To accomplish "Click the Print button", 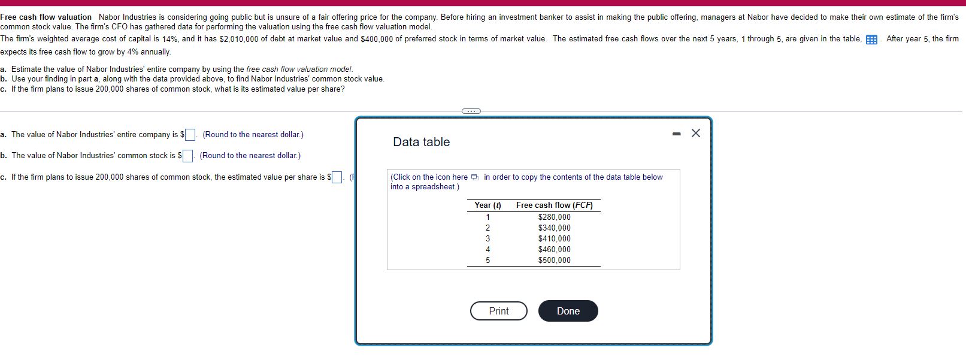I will (x=498, y=311).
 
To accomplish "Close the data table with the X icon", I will (x=695, y=134).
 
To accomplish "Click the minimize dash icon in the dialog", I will (x=676, y=134).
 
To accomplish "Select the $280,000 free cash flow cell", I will (x=554, y=217).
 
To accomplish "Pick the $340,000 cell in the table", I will (x=554, y=228).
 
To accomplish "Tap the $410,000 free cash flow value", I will (x=554, y=238).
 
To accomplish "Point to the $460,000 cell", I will (x=554, y=249).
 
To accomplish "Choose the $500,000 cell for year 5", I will (x=554, y=260).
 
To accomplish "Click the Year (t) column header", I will (x=487, y=205).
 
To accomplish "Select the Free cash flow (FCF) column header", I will (x=554, y=205).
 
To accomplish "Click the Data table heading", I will (x=421, y=142).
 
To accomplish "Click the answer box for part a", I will (x=190, y=135).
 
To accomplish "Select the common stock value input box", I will (x=188, y=156).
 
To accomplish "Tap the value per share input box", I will (x=337, y=177).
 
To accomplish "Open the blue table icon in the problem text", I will (x=871, y=40).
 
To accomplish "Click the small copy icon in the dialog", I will (x=475, y=177).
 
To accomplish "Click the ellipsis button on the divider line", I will (x=471, y=111).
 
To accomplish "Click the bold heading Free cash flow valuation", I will (x=46, y=17).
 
